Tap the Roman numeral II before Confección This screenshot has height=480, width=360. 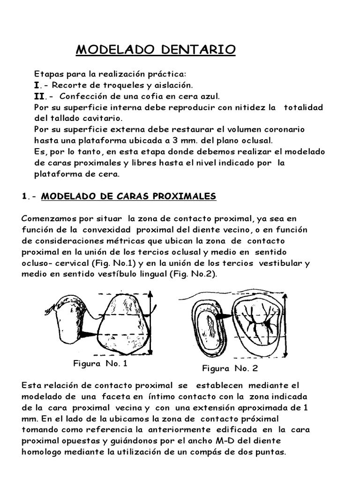click(41, 96)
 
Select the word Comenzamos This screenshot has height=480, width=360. click(47, 219)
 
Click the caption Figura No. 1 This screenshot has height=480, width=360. click(100, 363)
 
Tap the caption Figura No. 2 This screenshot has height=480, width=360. click(230, 368)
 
